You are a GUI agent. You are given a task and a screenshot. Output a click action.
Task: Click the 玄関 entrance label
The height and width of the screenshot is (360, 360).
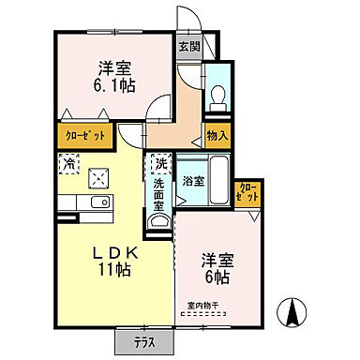pyautogui.click(x=188, y=46)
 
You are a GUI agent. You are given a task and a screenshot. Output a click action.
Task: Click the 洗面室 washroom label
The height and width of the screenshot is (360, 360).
pyautogui.click(x=159, y=195)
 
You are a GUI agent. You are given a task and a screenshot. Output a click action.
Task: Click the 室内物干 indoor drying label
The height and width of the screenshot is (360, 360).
pyautogui.click(x=201, y=307)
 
